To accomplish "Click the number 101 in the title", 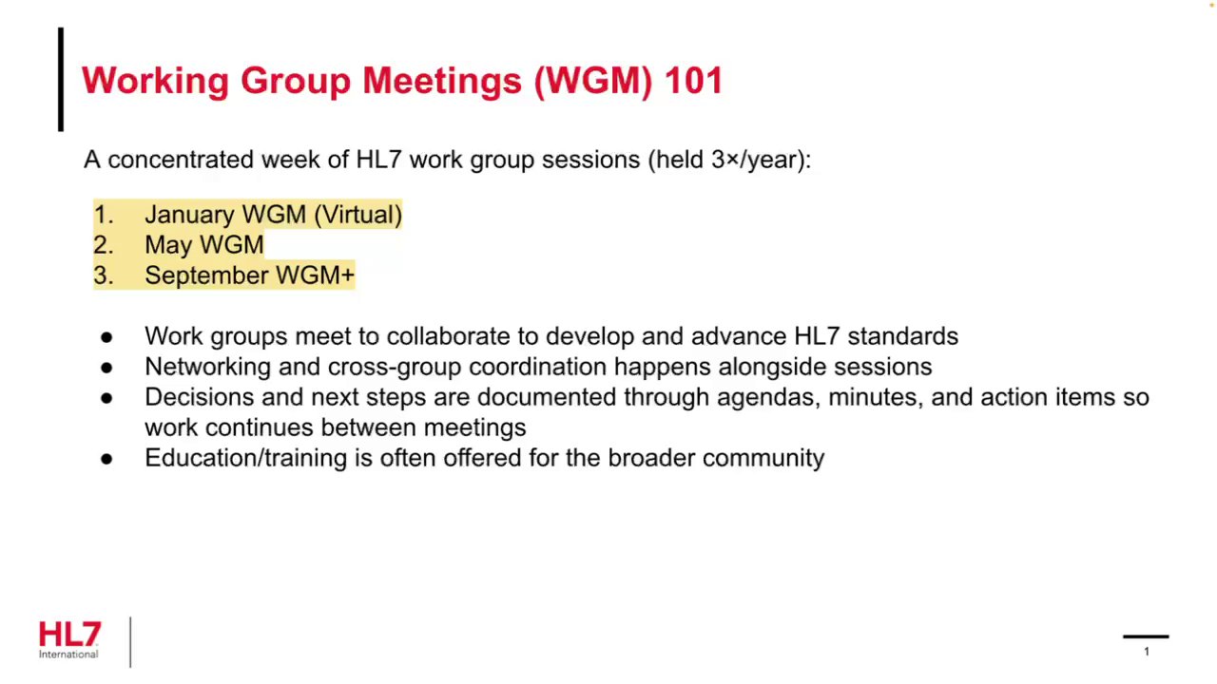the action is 694,81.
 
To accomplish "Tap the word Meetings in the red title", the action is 442,82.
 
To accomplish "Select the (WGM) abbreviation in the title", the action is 592,82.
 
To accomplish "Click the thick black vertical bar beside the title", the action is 61,79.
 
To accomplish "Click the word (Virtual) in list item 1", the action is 358,215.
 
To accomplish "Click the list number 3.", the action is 104,275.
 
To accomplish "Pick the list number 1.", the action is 104,215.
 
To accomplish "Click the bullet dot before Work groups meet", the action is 106,337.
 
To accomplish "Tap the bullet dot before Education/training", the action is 106,459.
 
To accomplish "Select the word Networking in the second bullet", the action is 208,368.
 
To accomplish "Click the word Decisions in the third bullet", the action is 200,397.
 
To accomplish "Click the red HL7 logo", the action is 69,634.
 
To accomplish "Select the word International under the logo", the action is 68,655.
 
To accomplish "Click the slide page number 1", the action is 1147,652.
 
